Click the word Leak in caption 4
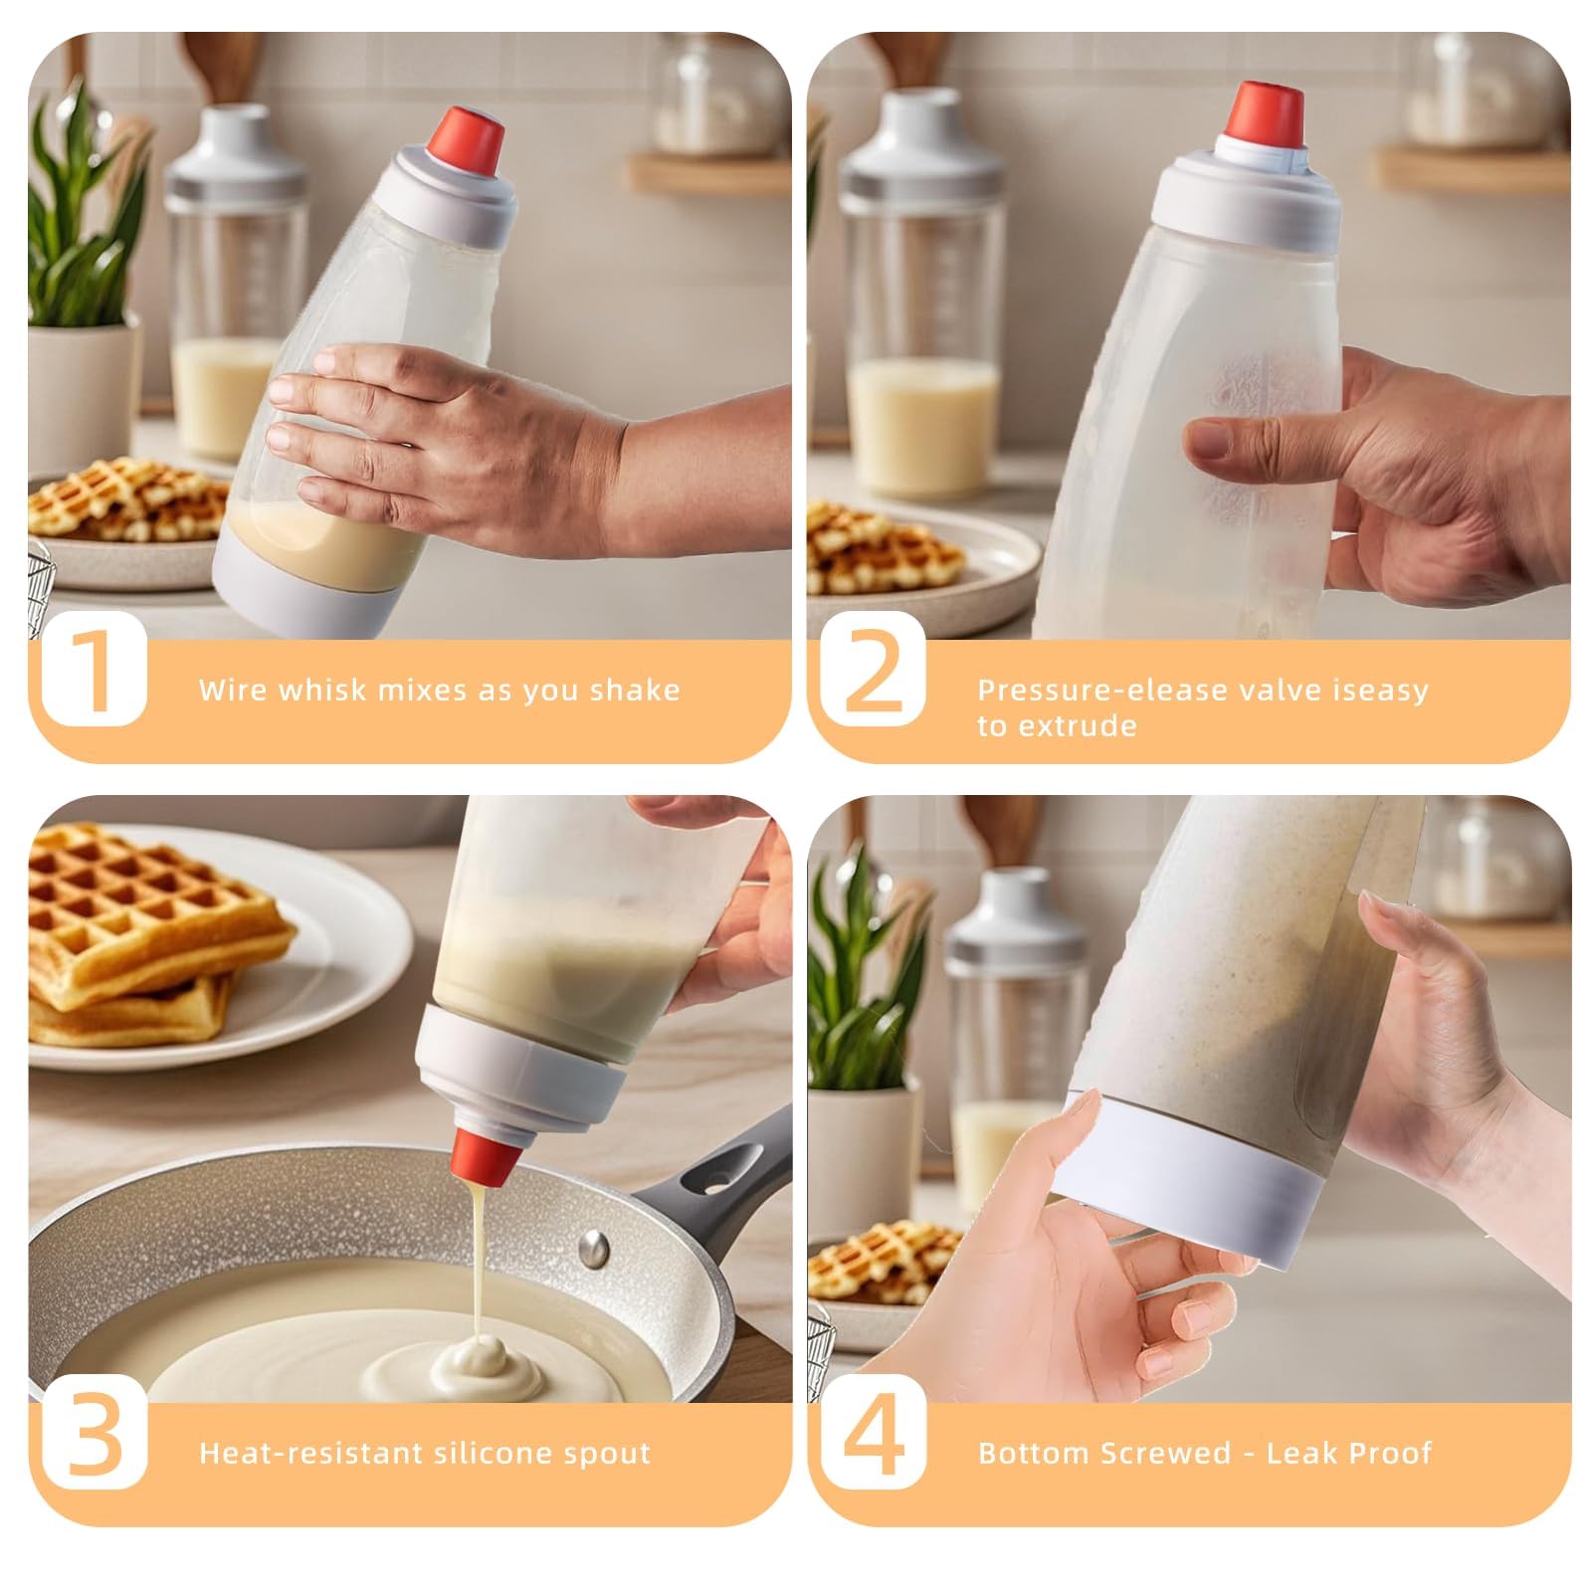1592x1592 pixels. tap(1298, 1453)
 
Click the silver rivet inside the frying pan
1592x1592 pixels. tap(594, 1245)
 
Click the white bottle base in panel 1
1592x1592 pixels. tap(298, 593)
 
